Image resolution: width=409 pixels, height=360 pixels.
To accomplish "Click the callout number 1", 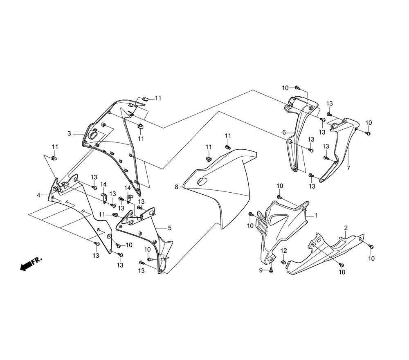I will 316,215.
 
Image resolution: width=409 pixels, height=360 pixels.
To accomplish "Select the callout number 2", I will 346,228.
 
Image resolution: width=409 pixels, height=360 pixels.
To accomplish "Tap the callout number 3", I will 70,133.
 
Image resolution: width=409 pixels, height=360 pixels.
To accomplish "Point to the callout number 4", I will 38,195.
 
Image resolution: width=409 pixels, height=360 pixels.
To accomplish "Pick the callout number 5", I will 169,228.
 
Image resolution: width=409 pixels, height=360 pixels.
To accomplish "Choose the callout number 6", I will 283,132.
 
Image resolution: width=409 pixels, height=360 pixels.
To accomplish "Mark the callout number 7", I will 348,168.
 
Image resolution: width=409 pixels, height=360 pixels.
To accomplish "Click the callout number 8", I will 176,187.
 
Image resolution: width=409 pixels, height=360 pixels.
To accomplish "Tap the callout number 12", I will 283,250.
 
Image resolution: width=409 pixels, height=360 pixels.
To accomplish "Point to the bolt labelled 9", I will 271,270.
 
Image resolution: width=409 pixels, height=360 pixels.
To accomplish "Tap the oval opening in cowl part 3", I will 94,134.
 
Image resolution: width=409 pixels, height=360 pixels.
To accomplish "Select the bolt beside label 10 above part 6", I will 297,88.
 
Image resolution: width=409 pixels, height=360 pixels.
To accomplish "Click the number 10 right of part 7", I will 369,123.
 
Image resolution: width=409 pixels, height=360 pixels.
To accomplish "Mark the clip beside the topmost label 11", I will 145,98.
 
